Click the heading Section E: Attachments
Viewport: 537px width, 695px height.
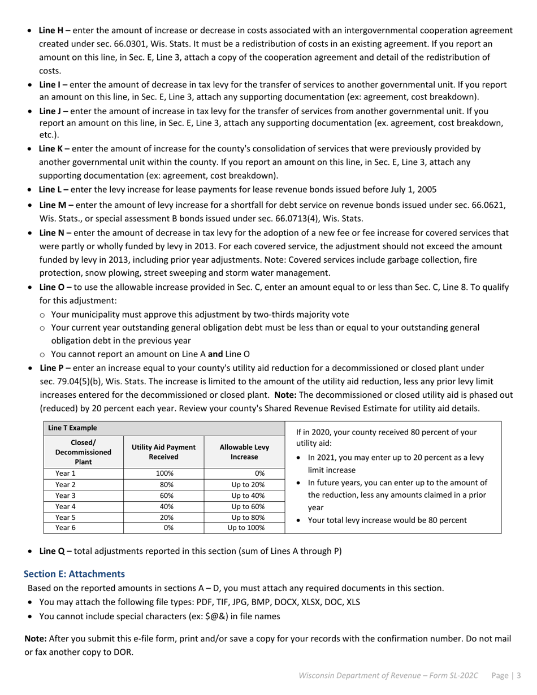[x=74, y=574]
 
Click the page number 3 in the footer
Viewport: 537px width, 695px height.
[x=518, y=675]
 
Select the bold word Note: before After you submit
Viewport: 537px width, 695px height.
[x=36, y=638]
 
